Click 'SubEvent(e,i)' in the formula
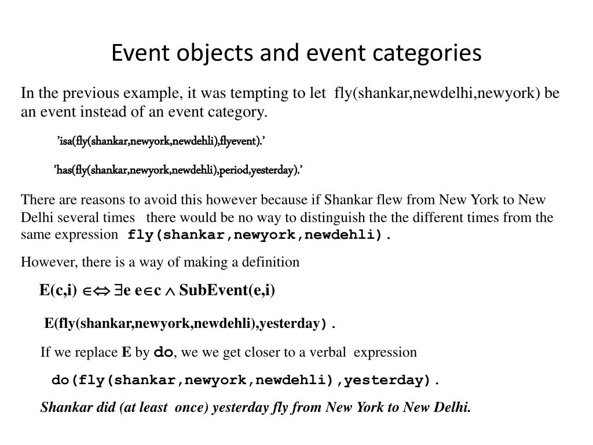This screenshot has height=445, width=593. tap(227, 290)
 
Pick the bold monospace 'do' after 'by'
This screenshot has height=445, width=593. tap(163, 352)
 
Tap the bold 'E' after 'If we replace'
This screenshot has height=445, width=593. tap(126, 352)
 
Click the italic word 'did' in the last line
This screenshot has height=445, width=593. tap(106, 407)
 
